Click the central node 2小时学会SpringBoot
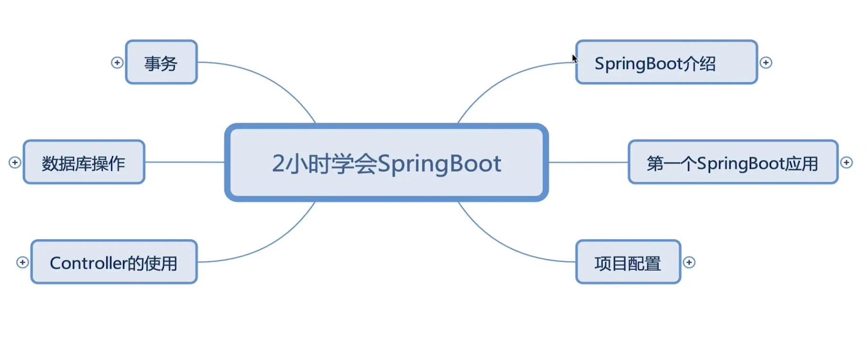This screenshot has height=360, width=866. click(x=387, y=163)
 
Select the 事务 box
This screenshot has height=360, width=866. click(x=161, y=63)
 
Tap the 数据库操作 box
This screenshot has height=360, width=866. click(x=84, y=162)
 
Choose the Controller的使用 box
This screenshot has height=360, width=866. click(x=114, y=262)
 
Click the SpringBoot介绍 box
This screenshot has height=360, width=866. click(x=666, y=63)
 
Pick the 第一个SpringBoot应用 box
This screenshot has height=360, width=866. click(x=732, y=162)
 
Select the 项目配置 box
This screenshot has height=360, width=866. click(x=628, y=262)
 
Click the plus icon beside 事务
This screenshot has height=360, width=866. click(x=117, y=63)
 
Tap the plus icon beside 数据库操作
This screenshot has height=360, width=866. click(x=15, y=162)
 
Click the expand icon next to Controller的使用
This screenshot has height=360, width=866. click(x=22, y=262)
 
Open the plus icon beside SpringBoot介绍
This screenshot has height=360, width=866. click(x=766, y=63)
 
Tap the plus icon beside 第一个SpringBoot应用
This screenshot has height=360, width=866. click(x=846, y=162)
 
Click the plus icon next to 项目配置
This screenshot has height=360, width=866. click(x=689, y=262)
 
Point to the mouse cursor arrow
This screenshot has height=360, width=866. click(x=574, y=58)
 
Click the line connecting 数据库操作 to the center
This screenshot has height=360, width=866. click(x=185, y=162)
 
